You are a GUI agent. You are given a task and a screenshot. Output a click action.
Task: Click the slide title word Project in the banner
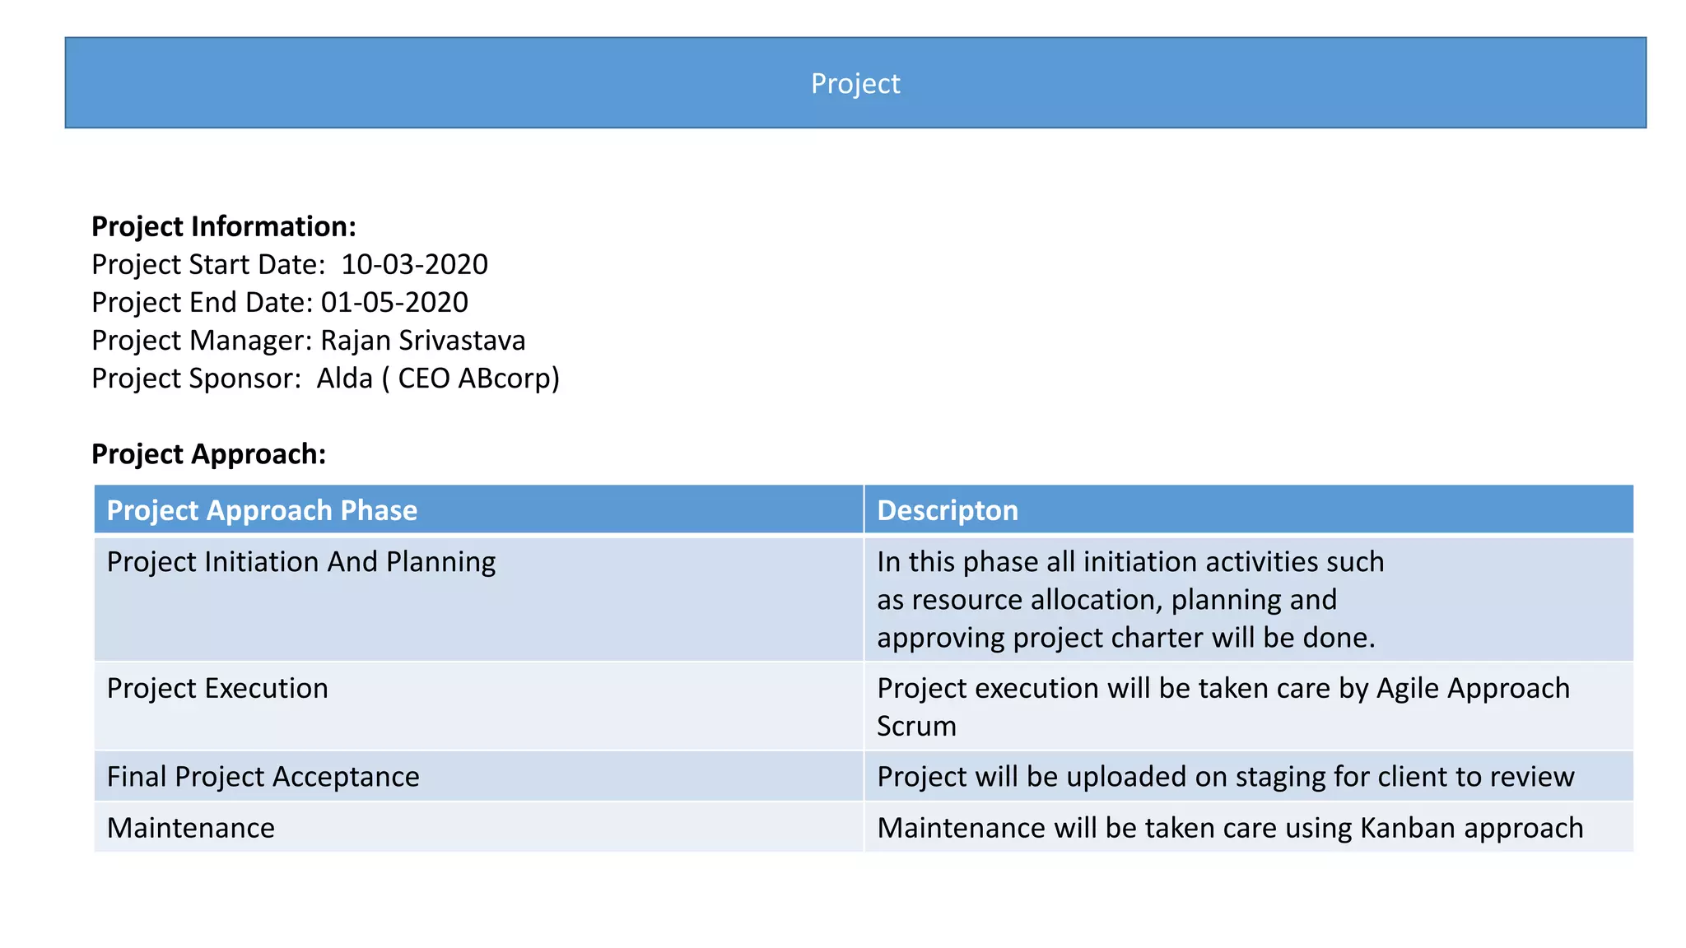click(855, 83)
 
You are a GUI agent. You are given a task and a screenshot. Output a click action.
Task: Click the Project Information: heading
click(223, 226)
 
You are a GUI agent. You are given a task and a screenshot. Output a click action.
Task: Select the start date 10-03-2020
click(414, 264)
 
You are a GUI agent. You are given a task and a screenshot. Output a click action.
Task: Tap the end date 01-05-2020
click(394, 302)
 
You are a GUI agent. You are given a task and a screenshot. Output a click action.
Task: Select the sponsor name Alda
click(344, 378)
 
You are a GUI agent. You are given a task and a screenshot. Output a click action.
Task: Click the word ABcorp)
click(509, 378)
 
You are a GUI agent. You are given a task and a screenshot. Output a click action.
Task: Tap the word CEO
click(423, 378)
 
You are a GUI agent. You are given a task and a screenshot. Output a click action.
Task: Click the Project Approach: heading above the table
click(208, 453)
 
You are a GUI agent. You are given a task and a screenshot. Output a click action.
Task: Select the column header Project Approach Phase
click(262, 510)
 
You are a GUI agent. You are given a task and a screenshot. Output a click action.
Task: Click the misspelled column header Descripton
click(948, 510)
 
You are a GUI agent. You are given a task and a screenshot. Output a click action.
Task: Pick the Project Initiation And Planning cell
click(301, 562)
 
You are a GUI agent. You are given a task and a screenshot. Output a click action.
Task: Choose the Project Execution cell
click(217, 688)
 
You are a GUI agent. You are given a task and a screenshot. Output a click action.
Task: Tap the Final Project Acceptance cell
click(263, 777)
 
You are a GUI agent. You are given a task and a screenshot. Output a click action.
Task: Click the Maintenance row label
click(191, 828)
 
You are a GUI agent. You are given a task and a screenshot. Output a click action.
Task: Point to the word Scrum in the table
click(916, 726)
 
